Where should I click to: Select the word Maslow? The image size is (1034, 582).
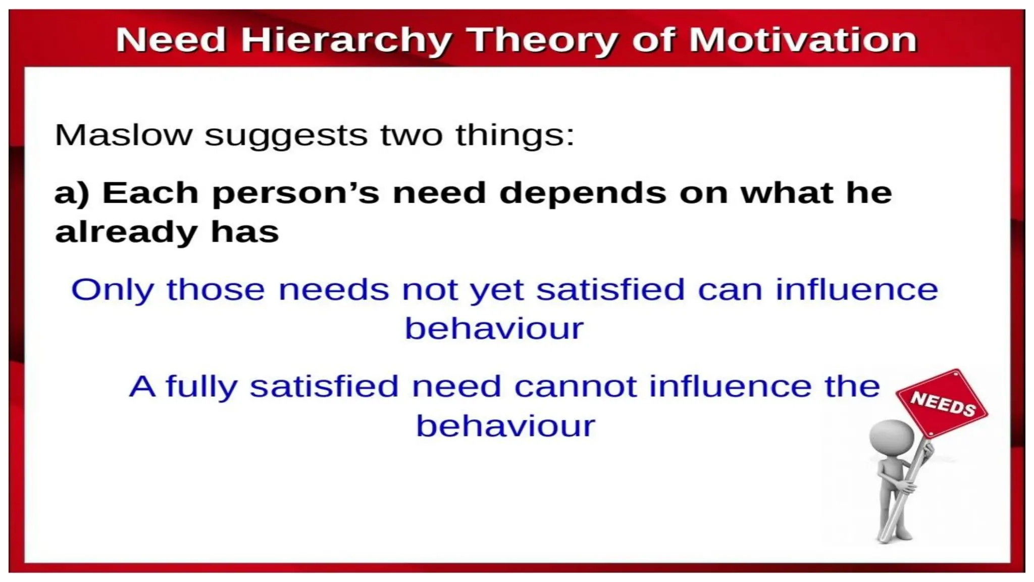[x=124, y=135]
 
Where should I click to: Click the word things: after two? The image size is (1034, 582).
[x=515, y=135]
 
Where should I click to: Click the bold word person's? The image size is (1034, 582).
[x=296, y=194]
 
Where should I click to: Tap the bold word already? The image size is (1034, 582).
[x=126, y=232]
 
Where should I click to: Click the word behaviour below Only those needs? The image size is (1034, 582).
[x=494, y=329]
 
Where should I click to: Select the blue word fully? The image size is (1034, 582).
[x=201, y=387]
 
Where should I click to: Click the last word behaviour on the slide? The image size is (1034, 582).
[x=505, y=426]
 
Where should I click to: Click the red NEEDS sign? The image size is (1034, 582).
[x=942, y=404]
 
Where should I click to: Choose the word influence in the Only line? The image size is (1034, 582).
[x=856, y=290]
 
